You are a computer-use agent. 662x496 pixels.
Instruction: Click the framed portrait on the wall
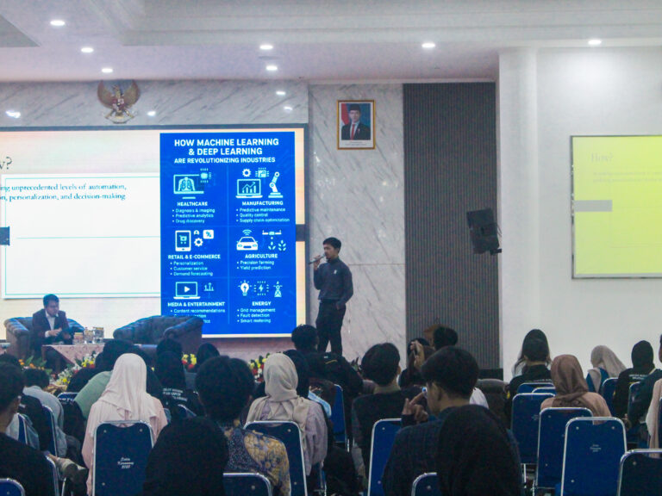tap(356, 124)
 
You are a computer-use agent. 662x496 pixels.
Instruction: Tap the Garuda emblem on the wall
tap(118, 99)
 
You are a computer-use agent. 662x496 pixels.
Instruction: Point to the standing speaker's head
tap(332, 245)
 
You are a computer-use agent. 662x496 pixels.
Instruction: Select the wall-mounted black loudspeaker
tap(483, 231)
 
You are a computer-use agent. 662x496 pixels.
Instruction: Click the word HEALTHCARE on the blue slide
tap(191, 203)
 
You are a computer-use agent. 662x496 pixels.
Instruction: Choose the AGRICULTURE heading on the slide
tap(260, 256)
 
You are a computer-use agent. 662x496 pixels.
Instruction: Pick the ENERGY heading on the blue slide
tap(260, 303)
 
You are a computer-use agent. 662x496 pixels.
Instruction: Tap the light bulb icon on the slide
tap(245, 288)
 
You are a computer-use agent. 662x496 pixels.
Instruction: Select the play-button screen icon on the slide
tap(186, 290)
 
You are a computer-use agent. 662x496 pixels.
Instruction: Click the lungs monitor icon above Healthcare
tap(186, 184)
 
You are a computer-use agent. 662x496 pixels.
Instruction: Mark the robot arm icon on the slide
tap(275, 184)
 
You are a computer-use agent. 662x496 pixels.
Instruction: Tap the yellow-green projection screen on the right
tap(616, 207)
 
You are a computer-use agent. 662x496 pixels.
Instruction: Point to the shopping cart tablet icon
tap(183, 239)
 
